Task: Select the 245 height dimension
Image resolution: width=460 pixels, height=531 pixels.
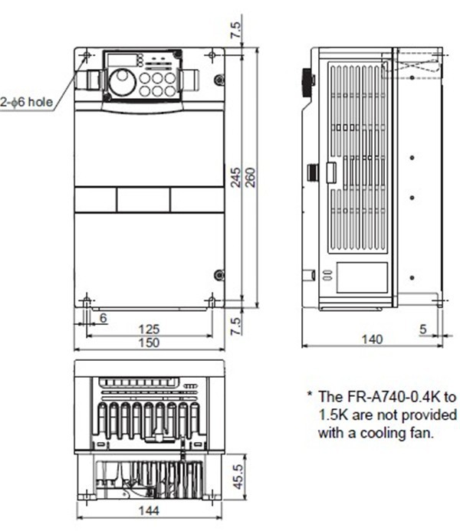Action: (x=236, y=178)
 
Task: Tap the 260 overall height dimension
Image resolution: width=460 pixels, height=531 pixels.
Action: (x=250, y=178)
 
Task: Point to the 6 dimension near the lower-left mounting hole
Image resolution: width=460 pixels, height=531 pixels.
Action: (x=103, y=316)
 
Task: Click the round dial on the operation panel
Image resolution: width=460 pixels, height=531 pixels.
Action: (x=122, y=81)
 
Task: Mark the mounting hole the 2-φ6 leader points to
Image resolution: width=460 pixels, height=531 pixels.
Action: (x=86, y=57)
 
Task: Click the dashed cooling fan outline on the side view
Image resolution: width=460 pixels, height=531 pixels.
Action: (x=413, y=65)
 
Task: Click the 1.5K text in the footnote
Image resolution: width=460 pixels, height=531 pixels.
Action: (x=333, y=415)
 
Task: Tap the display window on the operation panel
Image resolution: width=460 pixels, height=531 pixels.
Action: (x=118, y=60)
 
